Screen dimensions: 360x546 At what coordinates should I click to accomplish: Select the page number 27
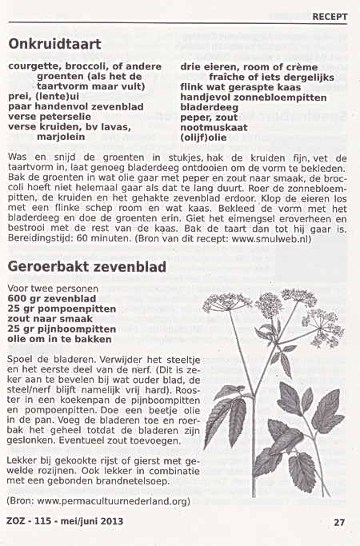click(x=338, y=523)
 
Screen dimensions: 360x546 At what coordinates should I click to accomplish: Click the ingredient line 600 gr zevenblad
click(x=47, y=298)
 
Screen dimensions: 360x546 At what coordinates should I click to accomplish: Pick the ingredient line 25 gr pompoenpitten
click(x=58, y=308)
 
